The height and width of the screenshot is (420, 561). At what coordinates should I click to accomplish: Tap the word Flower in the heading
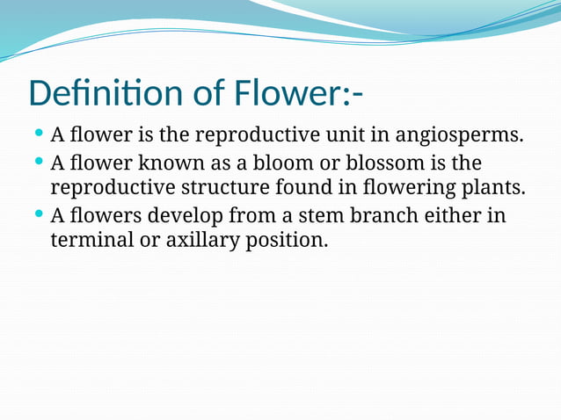(287, 93)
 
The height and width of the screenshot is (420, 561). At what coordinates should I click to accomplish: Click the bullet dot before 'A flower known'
(39, 162)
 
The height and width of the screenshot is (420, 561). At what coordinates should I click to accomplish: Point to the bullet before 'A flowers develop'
(39, 214)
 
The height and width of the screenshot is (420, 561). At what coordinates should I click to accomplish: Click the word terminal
(87, 240)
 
